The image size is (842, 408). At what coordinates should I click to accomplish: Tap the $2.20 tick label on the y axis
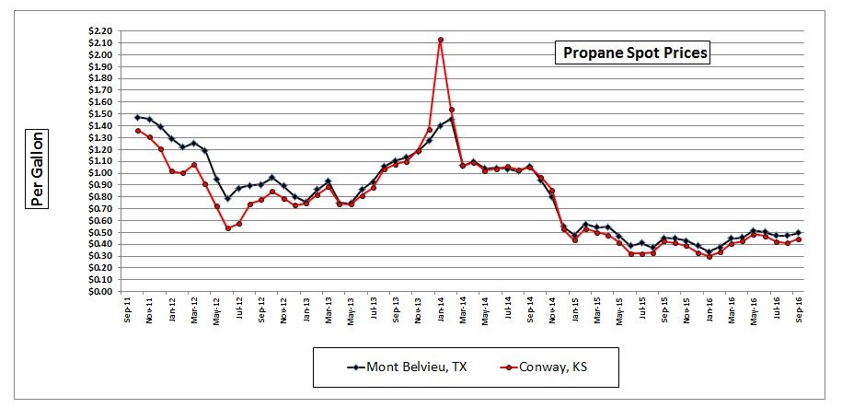(100, 31)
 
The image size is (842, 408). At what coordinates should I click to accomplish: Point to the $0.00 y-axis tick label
(100, 292)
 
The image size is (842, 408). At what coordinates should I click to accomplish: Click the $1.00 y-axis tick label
(100, 173)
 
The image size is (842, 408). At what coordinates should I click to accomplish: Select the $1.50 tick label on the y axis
(100, 114)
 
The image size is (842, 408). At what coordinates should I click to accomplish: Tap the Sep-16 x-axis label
(797, 309)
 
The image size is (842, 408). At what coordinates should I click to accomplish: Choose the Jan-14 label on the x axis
(442, 309)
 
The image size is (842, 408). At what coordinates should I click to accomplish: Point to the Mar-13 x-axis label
(330, 309)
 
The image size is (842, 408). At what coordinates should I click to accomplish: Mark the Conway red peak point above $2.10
(441, 40)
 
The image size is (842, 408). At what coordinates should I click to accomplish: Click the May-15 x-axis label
(619, 309)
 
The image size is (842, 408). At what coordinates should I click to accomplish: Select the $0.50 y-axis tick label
(100, 232)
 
